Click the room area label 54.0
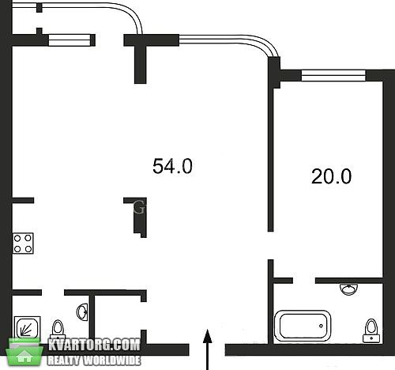[x=172, y=166]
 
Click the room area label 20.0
[x=331, y=176]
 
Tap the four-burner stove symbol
[x=23, y=244]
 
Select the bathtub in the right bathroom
[x=303, y=326]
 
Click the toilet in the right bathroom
[x=371, y=330]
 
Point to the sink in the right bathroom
[x=349, y=289]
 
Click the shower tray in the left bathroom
[x=27, y=327]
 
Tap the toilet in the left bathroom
[x=58, y=330]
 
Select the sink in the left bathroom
[x=82, y=312]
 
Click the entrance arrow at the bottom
[x=208, y=349]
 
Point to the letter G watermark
[x=139, y=207]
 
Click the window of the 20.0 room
[x=333, y=75]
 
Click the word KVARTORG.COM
[x=94, y=345]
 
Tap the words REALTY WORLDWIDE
[x=94, y=361]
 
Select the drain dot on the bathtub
[x=321, y=326]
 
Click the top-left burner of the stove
[x=17, y=239]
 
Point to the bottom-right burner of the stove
[x=28, y=249]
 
